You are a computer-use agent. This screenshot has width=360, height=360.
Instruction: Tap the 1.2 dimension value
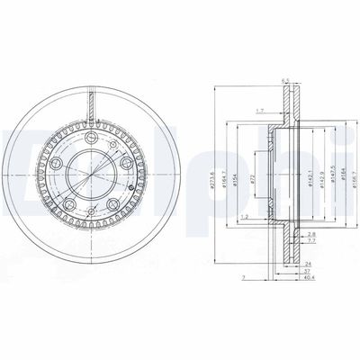[245, 217]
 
